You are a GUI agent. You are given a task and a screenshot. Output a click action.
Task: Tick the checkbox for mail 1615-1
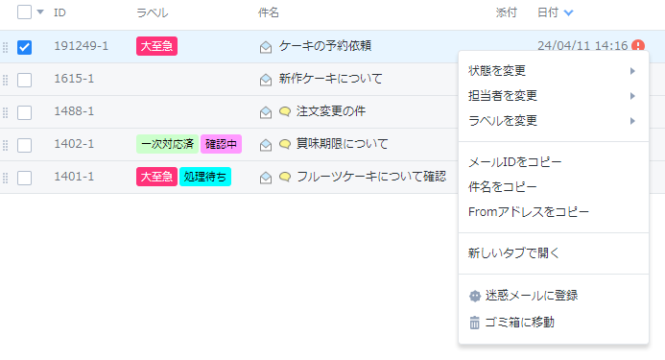point(24,80)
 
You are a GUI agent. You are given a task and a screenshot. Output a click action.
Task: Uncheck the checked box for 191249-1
point(24,47)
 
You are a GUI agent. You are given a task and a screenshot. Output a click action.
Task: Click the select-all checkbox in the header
point(24,12)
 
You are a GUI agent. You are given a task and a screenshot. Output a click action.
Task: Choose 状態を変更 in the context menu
point(497,70)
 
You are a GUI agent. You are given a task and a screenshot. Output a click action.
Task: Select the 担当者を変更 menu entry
point(503,95)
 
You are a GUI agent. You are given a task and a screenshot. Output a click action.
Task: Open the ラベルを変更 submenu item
point(503,121)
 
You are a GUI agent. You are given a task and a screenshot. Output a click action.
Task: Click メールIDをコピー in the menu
point(515,161)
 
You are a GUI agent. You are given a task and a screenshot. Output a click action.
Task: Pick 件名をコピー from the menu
point(503,187)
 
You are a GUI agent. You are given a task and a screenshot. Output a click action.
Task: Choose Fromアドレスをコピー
point(529,212)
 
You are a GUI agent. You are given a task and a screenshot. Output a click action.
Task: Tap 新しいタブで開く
point(513,253)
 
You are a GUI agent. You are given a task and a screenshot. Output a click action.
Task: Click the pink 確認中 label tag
point(221,144)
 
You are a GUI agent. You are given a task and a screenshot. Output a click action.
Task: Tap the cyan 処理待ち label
point(205,177)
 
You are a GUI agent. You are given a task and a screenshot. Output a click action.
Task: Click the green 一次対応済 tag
point(167,144)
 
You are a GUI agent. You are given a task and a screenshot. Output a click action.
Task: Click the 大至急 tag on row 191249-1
point(156,46)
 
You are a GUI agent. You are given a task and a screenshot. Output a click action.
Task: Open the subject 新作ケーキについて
point(330,79)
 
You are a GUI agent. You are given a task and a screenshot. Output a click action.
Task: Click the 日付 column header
point(548,12)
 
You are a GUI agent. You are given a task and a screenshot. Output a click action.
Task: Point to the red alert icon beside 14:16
point(638,45)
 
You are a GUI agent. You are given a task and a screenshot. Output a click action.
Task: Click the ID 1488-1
point(74,111)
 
